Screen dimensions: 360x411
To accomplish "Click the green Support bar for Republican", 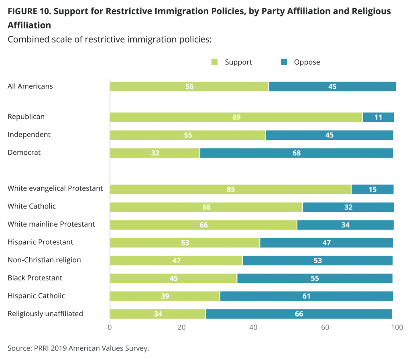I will (236, 117).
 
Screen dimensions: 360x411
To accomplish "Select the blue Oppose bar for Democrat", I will (296, 153).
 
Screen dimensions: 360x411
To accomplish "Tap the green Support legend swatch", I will (215, 62).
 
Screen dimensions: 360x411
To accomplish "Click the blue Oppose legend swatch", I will (284, 62).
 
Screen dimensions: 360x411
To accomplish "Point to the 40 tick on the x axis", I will (253, 327).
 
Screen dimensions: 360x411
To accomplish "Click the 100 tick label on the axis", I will (397, 327).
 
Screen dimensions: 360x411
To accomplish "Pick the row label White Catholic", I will (32, 206).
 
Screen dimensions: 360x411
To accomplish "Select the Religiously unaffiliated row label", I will (45, 313).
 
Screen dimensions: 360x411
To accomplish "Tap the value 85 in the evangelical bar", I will (231, 189).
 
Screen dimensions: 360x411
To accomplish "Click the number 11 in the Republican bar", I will (378, 117).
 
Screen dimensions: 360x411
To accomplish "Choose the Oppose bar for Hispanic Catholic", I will (306, 296).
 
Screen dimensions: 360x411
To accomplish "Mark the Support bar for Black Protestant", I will (173, 278).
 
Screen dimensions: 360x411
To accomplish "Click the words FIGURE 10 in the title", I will (29, 11).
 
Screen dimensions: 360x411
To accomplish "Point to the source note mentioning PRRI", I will (78, 348).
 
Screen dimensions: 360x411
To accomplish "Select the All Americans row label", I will (30, 86).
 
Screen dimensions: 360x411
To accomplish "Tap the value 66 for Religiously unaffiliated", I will (299, 314).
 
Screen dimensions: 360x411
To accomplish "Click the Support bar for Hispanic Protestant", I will (185, 242).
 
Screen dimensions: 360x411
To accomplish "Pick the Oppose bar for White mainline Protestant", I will (345, 225).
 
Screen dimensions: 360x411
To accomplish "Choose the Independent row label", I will (29, 135).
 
